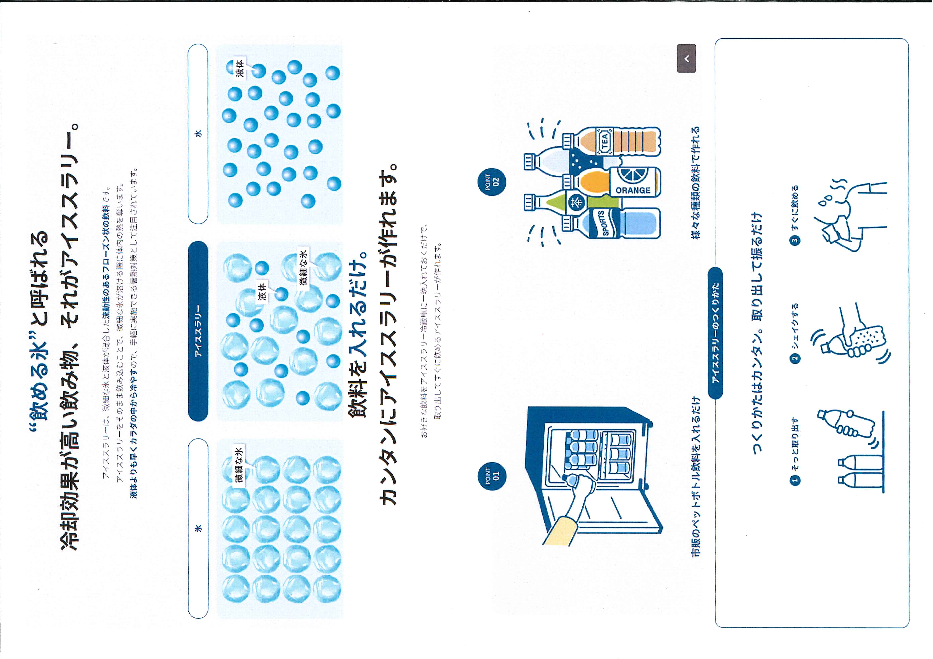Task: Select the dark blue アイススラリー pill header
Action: click(198, 331)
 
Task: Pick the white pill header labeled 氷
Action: click(198, 528)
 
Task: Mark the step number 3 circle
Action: click(795, 240)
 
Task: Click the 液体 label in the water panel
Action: click(240, 68)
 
